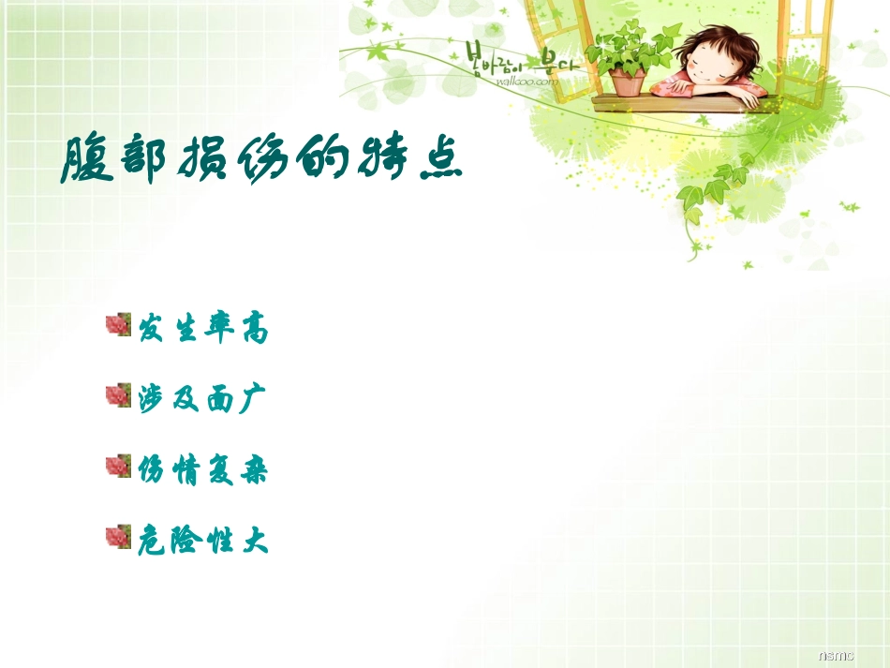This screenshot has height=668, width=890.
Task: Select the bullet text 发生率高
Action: pyautogui.click(x=203, y=329)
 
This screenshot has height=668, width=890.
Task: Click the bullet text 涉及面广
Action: pyautogui.click(x=203, y=398)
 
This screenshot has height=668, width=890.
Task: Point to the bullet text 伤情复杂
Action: pyautogui.click(x=203, y=469)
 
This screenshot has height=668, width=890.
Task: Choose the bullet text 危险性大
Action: pyautogui.click(x=203, y=541)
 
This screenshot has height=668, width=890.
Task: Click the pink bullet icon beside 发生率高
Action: pyautogui.click(x=117, y=326)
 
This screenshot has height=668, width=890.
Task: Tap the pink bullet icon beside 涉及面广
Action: pyautogui.click(x=117, y=395)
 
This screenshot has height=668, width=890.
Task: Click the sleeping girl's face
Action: pyautogui.click(x=717, y=65)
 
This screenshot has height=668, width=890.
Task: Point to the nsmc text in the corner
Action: pyautogui.click(x=835, y=656)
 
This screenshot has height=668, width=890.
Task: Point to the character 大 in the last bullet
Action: pyautogui.click(x=256, y=541)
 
